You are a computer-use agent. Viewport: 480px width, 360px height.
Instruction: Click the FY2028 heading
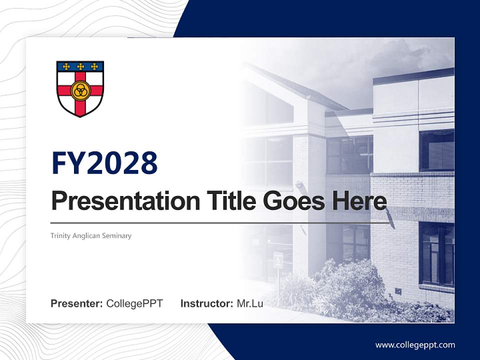[104, 163]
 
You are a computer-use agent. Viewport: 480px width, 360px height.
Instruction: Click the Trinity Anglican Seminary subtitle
[91, 235]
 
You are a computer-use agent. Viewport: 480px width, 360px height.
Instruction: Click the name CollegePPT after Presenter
[134, 303]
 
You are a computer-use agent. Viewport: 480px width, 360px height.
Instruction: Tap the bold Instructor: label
[206, 303]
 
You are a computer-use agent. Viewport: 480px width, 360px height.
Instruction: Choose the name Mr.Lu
[249, 303]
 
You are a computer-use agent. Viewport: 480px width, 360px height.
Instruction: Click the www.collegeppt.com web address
[415, 344]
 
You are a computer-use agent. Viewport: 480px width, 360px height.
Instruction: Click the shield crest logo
[80, 88]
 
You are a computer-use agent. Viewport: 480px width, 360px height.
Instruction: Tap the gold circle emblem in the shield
[79, 90]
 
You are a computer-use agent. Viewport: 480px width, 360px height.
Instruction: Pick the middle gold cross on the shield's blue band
[80, 66]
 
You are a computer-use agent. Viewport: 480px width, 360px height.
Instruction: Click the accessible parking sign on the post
[278, 259]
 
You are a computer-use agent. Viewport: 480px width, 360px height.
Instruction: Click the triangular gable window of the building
[272, 107]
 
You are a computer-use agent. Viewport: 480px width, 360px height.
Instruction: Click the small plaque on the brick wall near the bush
[398, 290]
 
